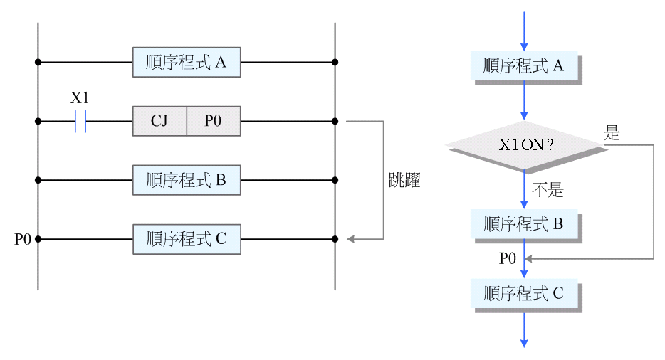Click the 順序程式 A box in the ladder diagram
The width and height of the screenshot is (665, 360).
(x=187, y=63)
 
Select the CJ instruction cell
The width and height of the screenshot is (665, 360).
(x=159, y=121)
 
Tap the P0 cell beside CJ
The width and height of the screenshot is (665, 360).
(x=213, y=121)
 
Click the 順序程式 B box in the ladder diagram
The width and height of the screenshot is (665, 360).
(x=187, y=181)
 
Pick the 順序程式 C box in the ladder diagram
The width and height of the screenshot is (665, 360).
(x=187, y=240)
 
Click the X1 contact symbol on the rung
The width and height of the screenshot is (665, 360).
(x=80, y=121)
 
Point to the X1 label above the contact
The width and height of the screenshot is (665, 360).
(x=80, y=98)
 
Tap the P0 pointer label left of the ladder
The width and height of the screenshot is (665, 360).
(x=23, y=240)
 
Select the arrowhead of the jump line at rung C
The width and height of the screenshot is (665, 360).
(x=350, y=240)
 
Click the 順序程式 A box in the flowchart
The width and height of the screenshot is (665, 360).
(x=524, y=66)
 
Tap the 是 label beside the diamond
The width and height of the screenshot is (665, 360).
(x=612, y=133)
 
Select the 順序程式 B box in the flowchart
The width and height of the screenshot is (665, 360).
(x=524, y=224)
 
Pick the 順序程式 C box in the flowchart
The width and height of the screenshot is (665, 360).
(x=524, y=293)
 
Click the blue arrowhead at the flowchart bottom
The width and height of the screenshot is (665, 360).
(x=525, y=343)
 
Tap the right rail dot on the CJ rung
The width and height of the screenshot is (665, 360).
(x=335, y=121)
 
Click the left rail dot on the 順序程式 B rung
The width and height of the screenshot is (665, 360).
(x=38, y=181)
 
